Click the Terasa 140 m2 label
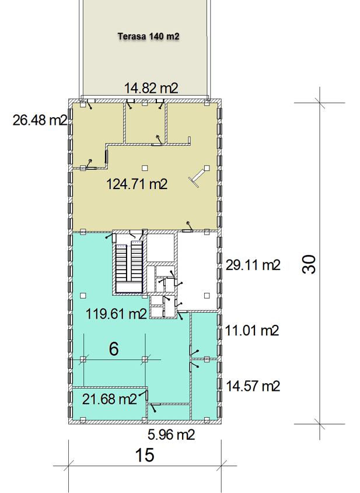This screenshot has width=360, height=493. pos(148,37)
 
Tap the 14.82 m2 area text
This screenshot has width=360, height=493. pos(151,88)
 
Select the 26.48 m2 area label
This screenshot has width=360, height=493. pos(40,120)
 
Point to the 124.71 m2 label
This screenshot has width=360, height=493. pos(137,184)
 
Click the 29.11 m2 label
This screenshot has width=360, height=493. pos(253,265)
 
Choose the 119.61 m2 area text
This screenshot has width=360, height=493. pos(116,314)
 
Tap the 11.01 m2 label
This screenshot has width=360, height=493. pos(252,331)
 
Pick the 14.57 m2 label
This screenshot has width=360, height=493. pos(253,386)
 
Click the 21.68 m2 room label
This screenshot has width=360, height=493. pos(110,399)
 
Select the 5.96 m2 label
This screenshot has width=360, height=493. pos(172,435)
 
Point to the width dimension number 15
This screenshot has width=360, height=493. pos(145,455)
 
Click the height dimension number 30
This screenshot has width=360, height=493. pos(309,264)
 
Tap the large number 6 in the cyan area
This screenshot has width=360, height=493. pos(114,349)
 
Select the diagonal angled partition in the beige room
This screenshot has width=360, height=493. pos(197,177)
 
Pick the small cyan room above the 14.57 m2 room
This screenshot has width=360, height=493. pos(204,335)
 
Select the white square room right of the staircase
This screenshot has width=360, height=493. pos(160,247)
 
